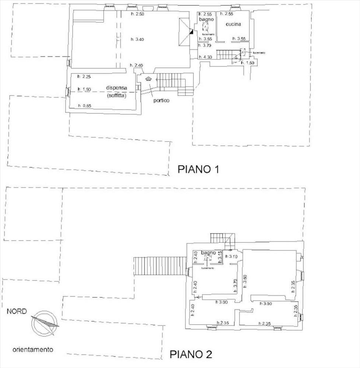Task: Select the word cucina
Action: pos(233,24)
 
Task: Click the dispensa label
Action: pos(117,88)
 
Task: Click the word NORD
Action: pos(17,311)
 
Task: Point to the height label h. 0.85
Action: pos(84,106)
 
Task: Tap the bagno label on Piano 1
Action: pos(207,19)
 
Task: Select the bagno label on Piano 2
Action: pos(209,253)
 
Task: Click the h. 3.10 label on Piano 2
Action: pos(231,256)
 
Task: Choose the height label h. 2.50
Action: pos(137,14)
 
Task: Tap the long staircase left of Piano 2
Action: pos(160,266)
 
